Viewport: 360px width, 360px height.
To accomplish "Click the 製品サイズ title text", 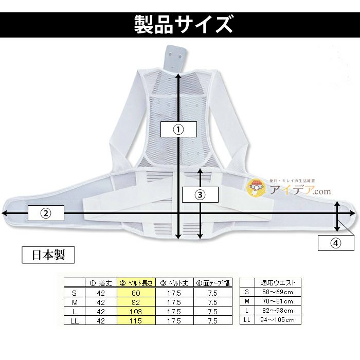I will click(x=180, y=23).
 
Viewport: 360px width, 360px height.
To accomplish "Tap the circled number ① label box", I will click(x=178, y=130).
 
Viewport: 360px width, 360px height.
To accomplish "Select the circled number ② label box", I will click(x=46, y=212).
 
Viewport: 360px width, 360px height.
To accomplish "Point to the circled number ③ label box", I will click(x=200, y=194).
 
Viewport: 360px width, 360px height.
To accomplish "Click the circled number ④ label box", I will click(x=335, y=243).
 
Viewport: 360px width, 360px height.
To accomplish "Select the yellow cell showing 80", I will click(x=136, y=293).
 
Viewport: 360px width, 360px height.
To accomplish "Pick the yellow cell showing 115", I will click(x=136, y=320).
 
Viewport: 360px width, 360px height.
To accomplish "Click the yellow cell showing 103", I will click(x=136, y=311).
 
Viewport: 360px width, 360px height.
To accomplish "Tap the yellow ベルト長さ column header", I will click(x=136, y=283).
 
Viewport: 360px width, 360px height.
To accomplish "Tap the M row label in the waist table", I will click(x=247, y=301).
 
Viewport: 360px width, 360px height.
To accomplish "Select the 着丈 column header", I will click(x=101, y=283).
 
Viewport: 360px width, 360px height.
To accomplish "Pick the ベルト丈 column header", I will click(x=173, y=283).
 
